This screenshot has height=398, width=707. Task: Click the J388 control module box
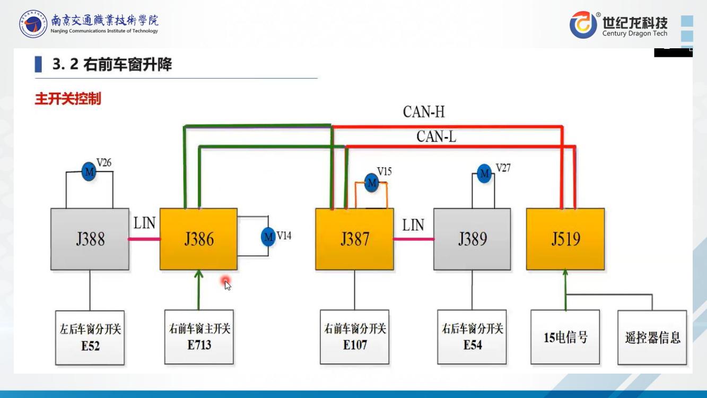pyautogui.click(x=90, y=239)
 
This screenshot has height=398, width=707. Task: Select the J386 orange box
pyautogui.click(x=199, y=239)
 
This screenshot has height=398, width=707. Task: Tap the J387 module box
pyautogui.click(x=354, y=239)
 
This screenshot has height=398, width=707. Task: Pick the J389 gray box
pyautogui.click(x=472, y=239)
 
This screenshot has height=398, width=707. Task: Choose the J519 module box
pyautogui.click(x=565, y=239)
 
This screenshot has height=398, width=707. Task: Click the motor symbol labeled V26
pyautogui.click(x=89, y=171)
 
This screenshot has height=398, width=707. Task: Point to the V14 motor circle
pyautogui.click(x=268, y=236)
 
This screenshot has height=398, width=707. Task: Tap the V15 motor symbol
pyautogui.click(x=372, y=183)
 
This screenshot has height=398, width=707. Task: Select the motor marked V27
pyautogui.click(x=484, y=174)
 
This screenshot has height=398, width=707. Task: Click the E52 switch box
pyautogui.click(x=90, y=338)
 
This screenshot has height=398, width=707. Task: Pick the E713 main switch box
pyautogui.click(x=199, y=337)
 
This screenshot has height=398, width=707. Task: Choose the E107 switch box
pyautogui.click(x=354, y=337)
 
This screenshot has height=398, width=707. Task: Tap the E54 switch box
pyautogui.click(x=472, y=337)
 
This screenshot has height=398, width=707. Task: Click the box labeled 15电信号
pyautogui.click(x=565, y=337)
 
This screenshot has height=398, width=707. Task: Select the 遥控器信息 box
pyautogui.click(x=652, y=337)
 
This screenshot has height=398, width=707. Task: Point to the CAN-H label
pyautogui.click(x=424, y=112)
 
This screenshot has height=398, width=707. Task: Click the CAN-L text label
pyautogui.click(x=436, y=136)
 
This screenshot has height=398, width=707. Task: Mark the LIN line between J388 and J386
pyautogui.click(x=144, y=239)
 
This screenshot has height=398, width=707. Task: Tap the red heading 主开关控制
pyautogui.click(x=67, y=99)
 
